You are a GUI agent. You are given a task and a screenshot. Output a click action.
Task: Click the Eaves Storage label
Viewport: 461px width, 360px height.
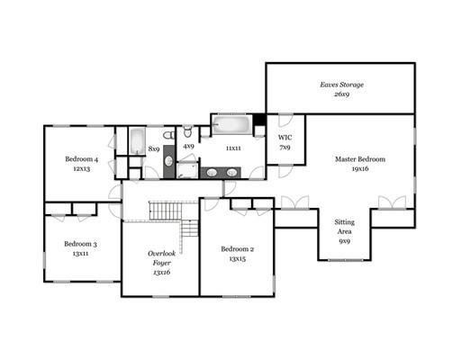pos(341,85)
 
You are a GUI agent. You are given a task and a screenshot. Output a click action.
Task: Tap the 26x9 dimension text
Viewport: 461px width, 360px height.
pos(341,94)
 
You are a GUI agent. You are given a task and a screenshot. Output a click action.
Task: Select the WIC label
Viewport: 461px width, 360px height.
pos(285,138)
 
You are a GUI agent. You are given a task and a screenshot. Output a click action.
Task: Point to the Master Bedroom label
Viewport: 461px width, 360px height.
pos(360,159)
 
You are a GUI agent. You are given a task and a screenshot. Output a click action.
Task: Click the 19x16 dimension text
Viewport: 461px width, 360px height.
pos(360,168)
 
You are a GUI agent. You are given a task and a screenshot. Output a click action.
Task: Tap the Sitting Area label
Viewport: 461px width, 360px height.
pos(345,227)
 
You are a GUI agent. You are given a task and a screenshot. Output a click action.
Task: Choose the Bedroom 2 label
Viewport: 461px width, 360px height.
pos(238,249)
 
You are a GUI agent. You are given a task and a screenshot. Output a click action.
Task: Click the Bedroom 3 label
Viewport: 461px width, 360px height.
pos(80,244)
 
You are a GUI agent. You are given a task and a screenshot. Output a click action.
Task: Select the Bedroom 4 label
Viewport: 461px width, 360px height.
pos(82,159)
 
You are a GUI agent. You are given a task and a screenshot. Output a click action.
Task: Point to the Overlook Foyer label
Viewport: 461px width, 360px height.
pos(162,258)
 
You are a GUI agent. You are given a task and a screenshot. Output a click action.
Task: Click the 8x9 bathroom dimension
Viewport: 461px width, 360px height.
pos(154,148)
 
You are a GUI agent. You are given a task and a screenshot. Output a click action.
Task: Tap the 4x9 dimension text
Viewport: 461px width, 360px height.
pos(188,147)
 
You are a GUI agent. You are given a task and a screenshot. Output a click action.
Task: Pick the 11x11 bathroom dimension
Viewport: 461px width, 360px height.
pos(233,148)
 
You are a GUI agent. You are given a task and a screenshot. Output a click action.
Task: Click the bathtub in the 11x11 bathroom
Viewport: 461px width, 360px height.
pos(232,124)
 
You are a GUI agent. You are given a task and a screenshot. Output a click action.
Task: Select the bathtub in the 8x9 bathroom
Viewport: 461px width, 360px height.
pos(138,140)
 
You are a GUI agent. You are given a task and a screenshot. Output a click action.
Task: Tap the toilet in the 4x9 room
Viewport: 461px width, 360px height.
pos(187,131)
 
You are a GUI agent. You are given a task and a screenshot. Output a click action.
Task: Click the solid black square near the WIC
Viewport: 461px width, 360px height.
pos(259,120)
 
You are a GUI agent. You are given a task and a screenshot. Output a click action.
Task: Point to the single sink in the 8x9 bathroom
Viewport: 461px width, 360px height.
pos(168,161)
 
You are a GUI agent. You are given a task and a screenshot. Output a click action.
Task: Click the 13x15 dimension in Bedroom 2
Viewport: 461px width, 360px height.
pos(238,258)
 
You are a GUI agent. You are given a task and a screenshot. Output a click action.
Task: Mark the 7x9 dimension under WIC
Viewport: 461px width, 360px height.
pos(285,148)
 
